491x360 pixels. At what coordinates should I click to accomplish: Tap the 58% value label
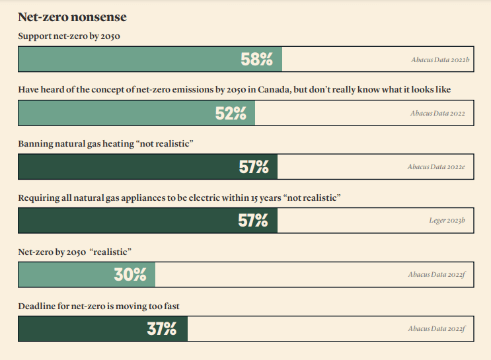256,59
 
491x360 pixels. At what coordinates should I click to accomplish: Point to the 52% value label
231,114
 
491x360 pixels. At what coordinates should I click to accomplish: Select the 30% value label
130,275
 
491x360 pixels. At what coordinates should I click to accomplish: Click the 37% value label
162,328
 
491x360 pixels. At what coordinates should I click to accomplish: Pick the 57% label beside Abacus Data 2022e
254,167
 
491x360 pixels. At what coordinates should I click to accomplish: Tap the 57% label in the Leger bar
253,221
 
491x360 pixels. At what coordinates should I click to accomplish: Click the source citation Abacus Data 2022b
439,59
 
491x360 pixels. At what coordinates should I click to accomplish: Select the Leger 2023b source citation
447,221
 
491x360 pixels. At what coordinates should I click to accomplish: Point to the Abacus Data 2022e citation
436,167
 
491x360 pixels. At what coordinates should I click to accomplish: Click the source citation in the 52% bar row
437,114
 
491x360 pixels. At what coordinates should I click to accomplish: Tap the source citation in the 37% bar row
437,328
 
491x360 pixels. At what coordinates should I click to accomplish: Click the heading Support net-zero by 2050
69,36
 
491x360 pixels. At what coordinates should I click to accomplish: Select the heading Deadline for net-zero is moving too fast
98,306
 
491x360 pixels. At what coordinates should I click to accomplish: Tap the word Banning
35,143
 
